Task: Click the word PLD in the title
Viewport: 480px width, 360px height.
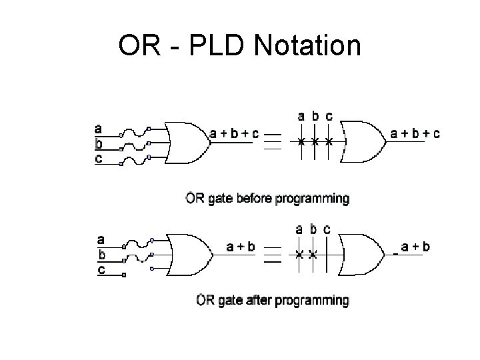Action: [x=217, y=47]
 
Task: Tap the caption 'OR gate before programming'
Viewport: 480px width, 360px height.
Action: [x=267, y=198]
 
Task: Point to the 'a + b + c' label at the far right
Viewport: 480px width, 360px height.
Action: [x=415, y=133]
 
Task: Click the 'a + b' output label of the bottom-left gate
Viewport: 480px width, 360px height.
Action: [x=241, y=247]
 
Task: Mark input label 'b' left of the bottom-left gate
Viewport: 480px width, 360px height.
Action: [x=101, y=254]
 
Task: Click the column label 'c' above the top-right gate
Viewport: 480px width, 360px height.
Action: [x=329, y=116]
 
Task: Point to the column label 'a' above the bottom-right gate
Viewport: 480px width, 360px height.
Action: [x=300, y=229]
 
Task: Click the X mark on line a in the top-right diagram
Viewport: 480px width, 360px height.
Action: [x=301, y=142]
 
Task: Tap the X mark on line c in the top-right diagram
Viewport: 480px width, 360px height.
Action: [x=329, y=142]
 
